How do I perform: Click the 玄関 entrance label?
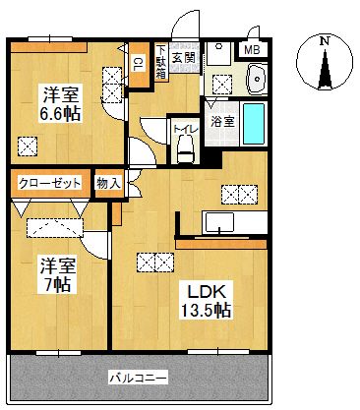point(183,57)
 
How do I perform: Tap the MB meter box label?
point(253,49)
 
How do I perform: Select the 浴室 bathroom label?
point(221,122)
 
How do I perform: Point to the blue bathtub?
point(253,125)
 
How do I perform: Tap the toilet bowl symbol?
point(184,149)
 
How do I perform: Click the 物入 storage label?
point(108,183)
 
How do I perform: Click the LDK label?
point(205,291)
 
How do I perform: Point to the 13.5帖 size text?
point(205,311)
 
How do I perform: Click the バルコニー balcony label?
point(138,378)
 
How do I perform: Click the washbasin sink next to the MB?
point(258,76)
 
